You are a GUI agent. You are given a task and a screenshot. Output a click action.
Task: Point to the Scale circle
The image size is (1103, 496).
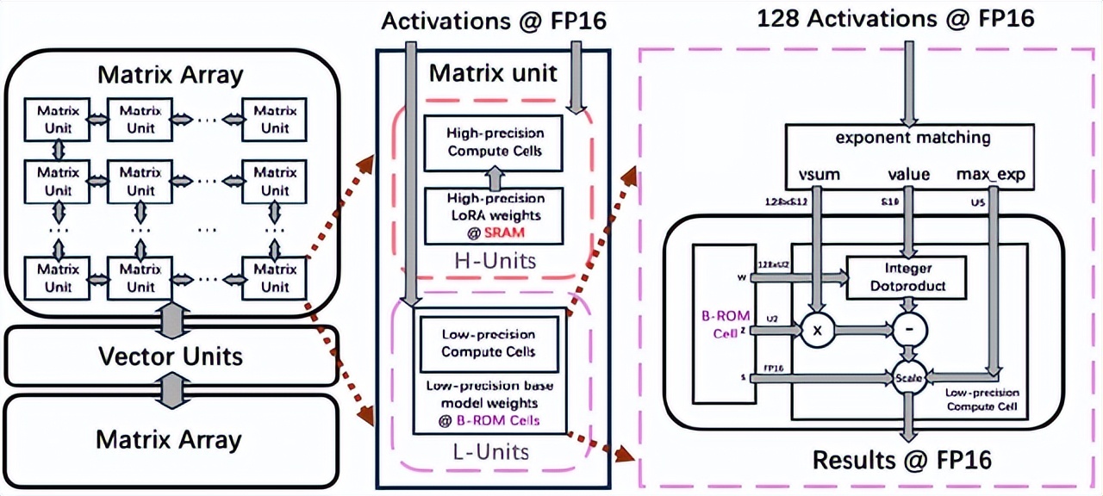click(910, 376)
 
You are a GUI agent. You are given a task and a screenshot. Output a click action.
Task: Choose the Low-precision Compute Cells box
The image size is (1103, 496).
click(488, 343)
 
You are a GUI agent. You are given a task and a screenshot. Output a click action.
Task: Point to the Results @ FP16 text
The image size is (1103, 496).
click(901, 460)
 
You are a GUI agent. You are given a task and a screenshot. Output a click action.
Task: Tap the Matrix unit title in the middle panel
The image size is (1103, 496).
click(493, 72)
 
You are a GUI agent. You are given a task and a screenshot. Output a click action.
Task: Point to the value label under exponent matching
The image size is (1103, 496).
click(908, 174)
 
